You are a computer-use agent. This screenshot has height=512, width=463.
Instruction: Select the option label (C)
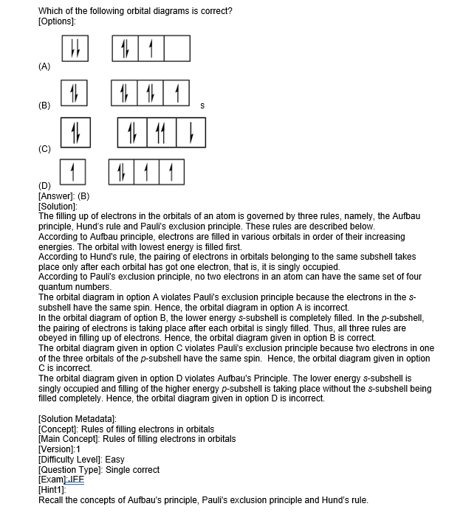coord(44,149)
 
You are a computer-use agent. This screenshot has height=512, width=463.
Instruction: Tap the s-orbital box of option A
coord(74,49)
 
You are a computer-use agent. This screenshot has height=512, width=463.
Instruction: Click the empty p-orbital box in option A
coord(177,49)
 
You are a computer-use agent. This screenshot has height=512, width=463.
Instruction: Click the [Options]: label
coord(59,19)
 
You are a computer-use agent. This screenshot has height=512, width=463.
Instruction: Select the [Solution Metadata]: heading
coord(78,420)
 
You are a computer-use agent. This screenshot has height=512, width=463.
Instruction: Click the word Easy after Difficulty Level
coord(115,460)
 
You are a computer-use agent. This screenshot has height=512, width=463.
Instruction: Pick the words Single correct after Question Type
coord(133,469)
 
